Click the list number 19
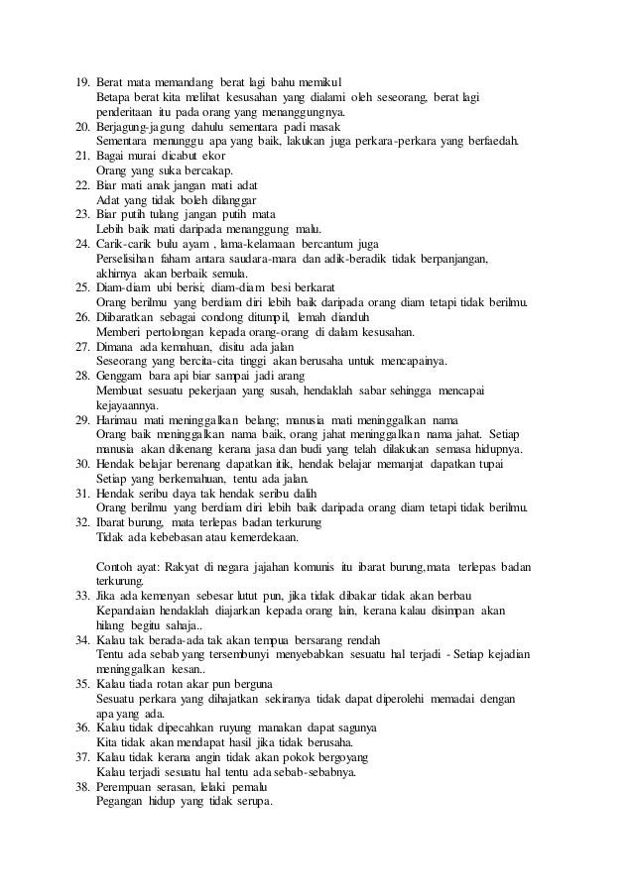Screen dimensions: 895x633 point(82,79)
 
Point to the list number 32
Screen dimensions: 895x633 point(82,524)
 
